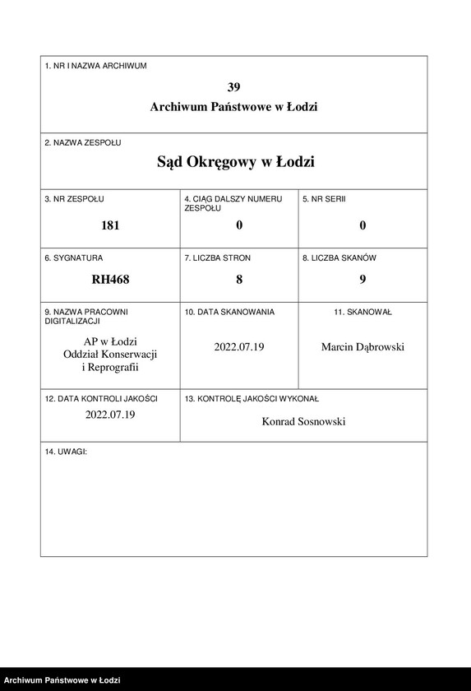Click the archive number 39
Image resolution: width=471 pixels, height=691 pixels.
click(234, 86)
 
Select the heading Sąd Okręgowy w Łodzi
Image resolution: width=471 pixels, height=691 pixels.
click(235, 162)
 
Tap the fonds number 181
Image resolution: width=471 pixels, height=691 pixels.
click(110, 225)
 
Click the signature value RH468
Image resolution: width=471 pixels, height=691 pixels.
click(110, 279)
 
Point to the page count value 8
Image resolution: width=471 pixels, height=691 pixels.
click(239, 279)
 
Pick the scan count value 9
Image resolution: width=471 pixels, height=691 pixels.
click(362, 279)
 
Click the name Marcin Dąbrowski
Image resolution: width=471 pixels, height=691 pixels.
click(362, 346)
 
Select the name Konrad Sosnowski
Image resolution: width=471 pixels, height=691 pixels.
click(303, 421)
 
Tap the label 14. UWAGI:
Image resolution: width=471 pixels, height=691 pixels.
click(66, 452)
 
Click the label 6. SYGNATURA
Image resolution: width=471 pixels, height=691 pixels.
click(74, 257)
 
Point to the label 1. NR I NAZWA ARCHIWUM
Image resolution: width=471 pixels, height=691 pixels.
click(95, 66)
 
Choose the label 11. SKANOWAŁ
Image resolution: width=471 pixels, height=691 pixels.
click(362, 313)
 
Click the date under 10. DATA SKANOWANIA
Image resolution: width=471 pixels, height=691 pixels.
click(239, 346)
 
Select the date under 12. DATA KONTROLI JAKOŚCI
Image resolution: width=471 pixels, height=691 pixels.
click(110, 415)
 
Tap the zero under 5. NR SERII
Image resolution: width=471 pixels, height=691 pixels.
click(362, 225)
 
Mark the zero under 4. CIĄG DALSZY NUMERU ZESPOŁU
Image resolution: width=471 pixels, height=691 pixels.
click(239, 225)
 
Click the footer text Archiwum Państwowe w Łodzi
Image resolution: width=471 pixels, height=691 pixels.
click(62, 680)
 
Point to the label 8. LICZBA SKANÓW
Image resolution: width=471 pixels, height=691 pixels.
click(339, 257)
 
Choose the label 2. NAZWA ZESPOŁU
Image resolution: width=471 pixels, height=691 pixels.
click(83, 142)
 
